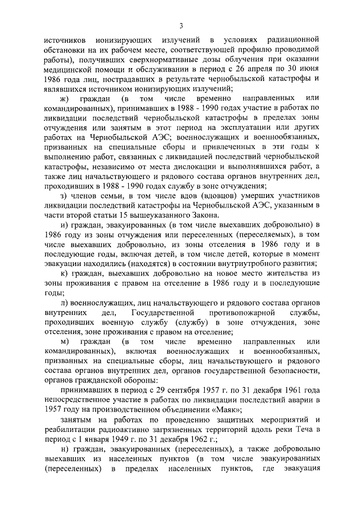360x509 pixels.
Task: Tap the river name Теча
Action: click(308, 429)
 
